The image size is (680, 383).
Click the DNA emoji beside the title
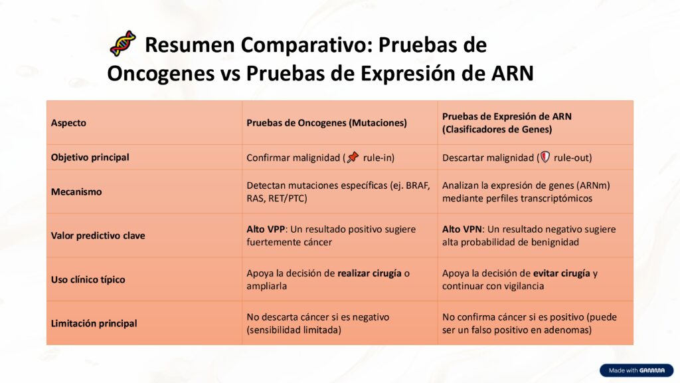coord(123,44)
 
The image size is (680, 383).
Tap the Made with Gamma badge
coord(636,370)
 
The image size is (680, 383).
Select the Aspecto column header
coord(68,123)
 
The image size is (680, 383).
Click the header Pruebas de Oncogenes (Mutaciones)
coord(327,123)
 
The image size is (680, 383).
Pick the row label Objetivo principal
coord(90,158)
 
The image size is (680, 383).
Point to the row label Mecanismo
coord(76,191)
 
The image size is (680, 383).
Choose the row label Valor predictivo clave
coord(98,235)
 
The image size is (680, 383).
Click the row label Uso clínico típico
coord(88,279)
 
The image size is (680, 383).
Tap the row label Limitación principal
coord(94,323)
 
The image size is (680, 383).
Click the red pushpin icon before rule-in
coord(353,158)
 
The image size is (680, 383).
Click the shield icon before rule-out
coord(545,158)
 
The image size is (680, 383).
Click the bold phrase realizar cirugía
coord(369,273)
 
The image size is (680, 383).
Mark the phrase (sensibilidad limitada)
coord(294,329)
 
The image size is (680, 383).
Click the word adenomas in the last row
coord(568,329)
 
